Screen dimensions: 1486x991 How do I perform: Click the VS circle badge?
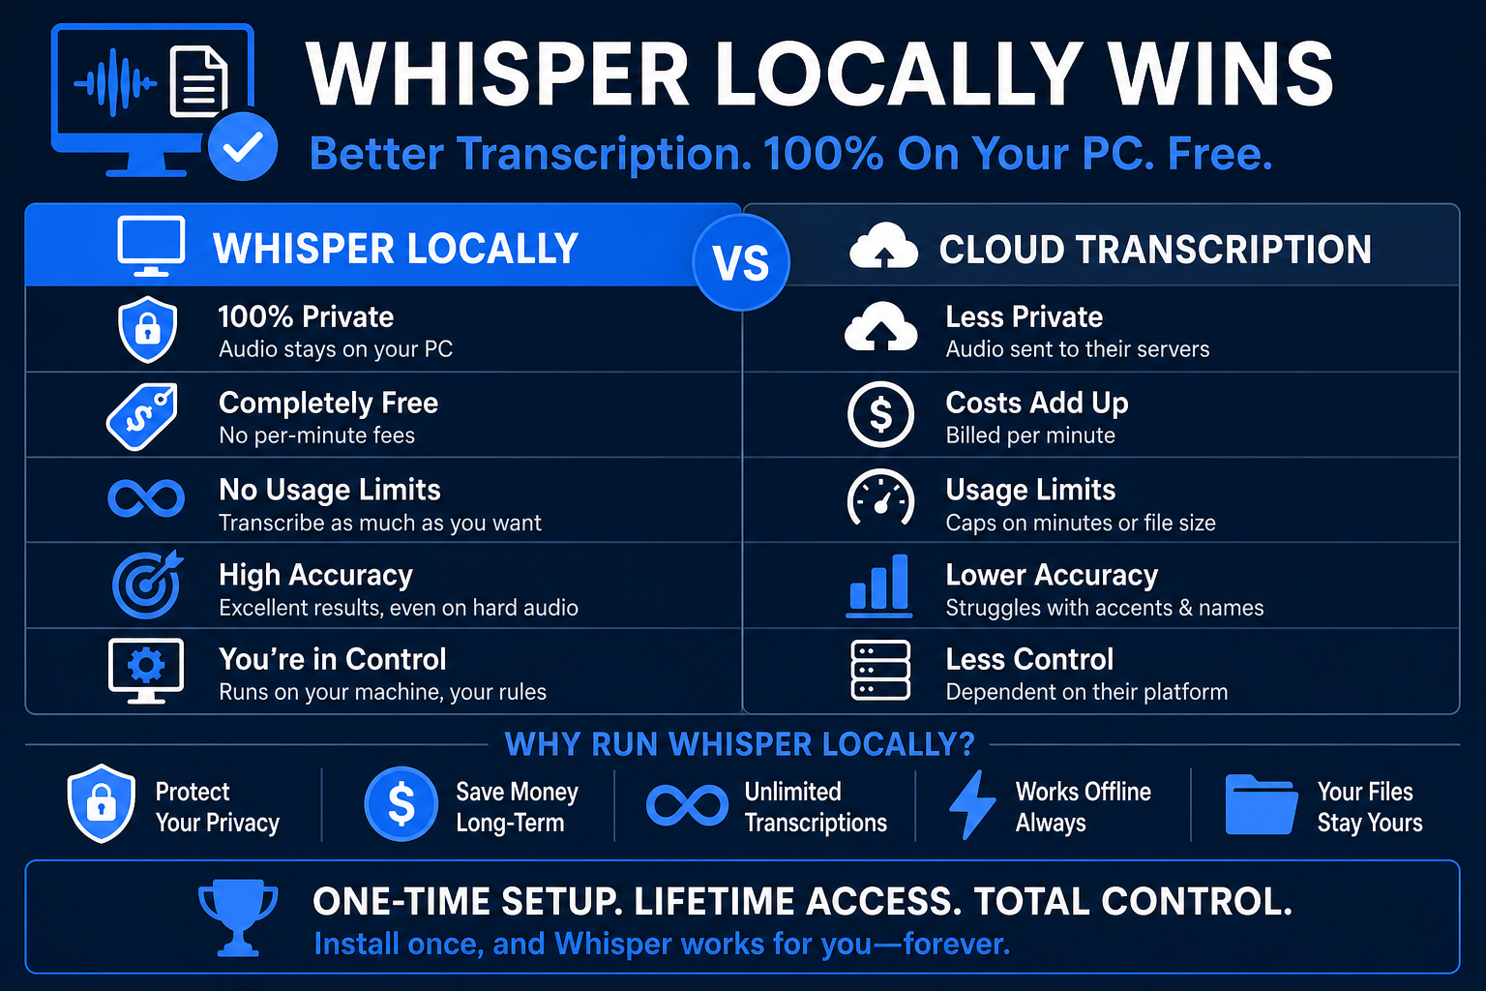(x=741, y=262)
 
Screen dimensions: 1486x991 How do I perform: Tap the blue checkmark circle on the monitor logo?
(x=243, y=147)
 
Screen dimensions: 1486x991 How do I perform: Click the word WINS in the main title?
(x=1222, y=74)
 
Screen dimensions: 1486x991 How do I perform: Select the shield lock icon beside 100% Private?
(x=147, y=329)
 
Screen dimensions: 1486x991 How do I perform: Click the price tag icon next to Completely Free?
(x=142, y=416)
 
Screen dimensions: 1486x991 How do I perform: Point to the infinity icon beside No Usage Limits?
(x=146, y=497)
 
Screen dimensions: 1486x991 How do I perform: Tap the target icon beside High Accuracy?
(x=147, y=585)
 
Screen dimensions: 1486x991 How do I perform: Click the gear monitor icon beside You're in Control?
(x=146, y=671)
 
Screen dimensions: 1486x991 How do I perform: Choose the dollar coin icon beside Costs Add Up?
(x=880, y=414)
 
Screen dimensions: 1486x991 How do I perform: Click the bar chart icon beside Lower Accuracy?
(x=879, y=586)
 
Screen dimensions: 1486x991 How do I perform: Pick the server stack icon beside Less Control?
(x=880, y=671)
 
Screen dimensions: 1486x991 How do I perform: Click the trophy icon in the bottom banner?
(x=238, y=917)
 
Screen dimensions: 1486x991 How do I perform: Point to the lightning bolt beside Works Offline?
(x=972, y=804)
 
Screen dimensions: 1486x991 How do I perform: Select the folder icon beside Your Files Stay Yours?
(x=1262, y=804)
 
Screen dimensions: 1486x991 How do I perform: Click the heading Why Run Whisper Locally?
(x=740, y=744)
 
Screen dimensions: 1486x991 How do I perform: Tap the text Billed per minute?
(x=1030, y=435)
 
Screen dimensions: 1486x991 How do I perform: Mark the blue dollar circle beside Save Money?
(x=401, y=804)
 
